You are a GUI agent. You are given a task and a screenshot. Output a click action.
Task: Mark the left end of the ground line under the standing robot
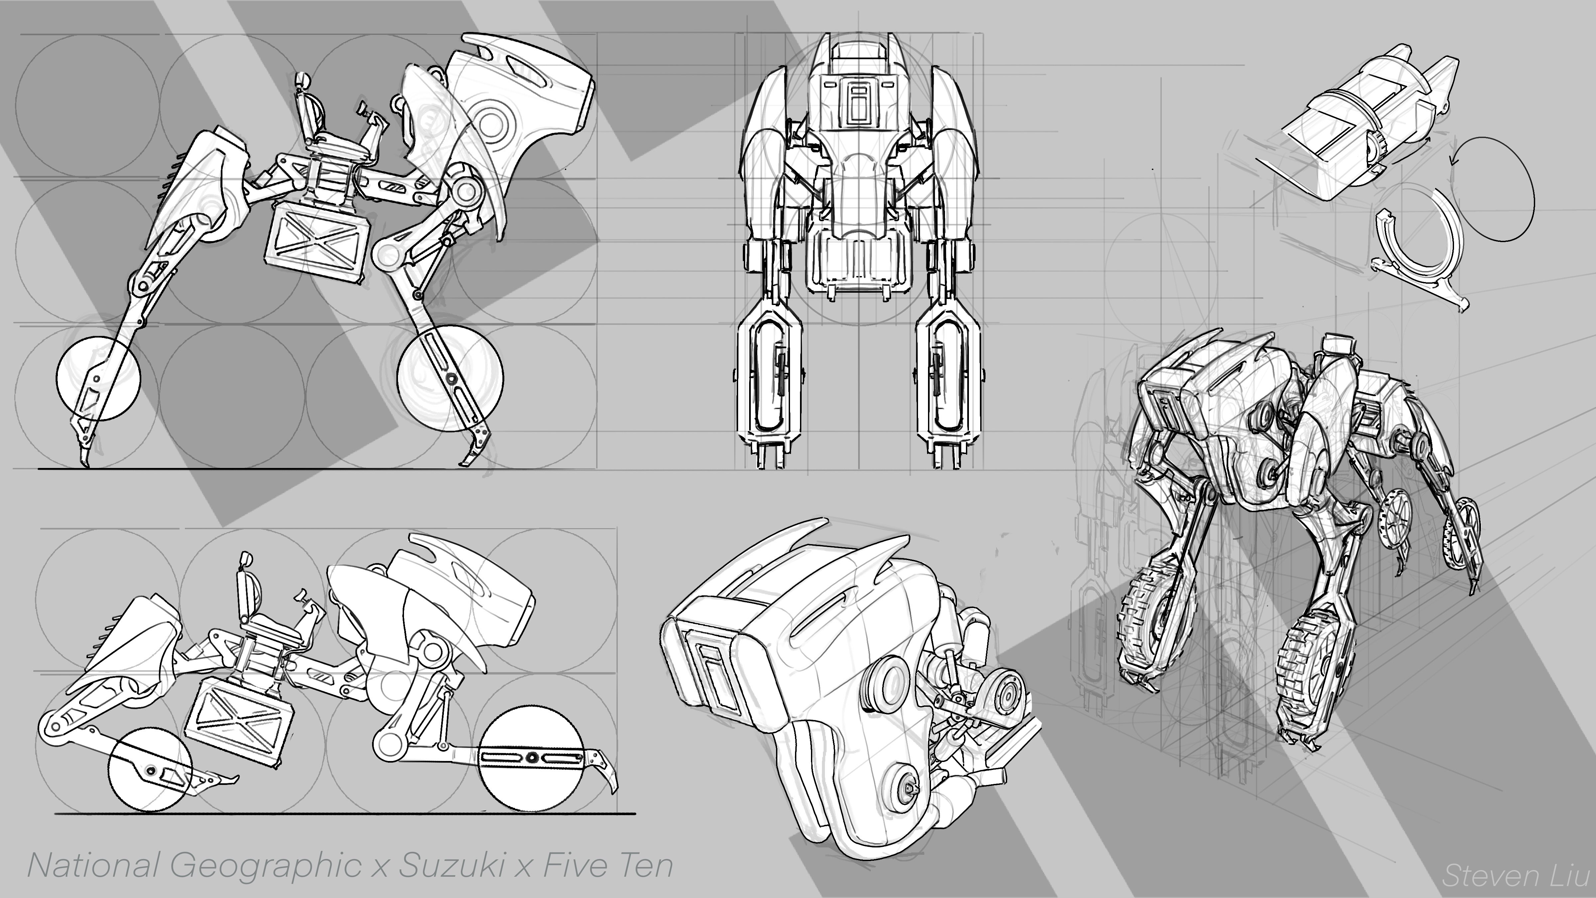(39, 469)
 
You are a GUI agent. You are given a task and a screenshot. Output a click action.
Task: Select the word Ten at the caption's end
(646, 866)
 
